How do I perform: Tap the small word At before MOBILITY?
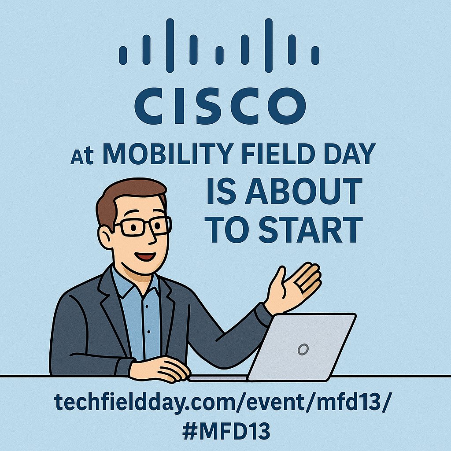83,157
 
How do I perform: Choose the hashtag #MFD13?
225,431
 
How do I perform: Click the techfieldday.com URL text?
220,402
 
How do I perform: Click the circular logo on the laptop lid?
302,350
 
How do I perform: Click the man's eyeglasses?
143,226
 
